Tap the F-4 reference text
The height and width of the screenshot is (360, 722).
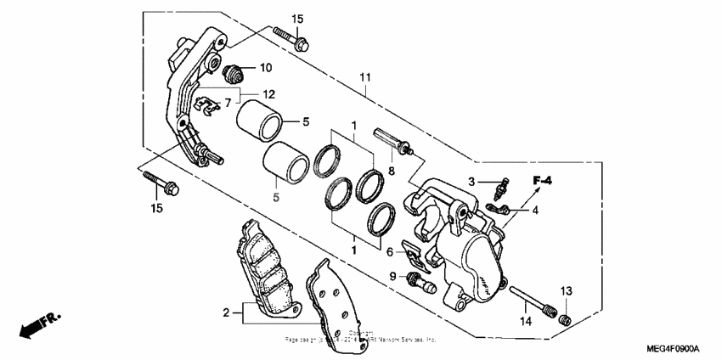[543, 180]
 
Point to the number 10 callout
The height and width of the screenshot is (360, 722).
[265, 67]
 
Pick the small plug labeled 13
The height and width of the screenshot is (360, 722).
[561, 318]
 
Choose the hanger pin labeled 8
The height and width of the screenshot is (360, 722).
[393, 140]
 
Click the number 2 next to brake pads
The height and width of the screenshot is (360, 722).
[227, 313]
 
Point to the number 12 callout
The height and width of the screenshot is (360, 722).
[268, 93]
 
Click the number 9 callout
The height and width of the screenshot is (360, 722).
[393, 276]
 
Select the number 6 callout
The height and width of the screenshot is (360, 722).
[390, 252]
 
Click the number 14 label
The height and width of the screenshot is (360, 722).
[526, 322]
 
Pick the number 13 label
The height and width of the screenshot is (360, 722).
[566, 291]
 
